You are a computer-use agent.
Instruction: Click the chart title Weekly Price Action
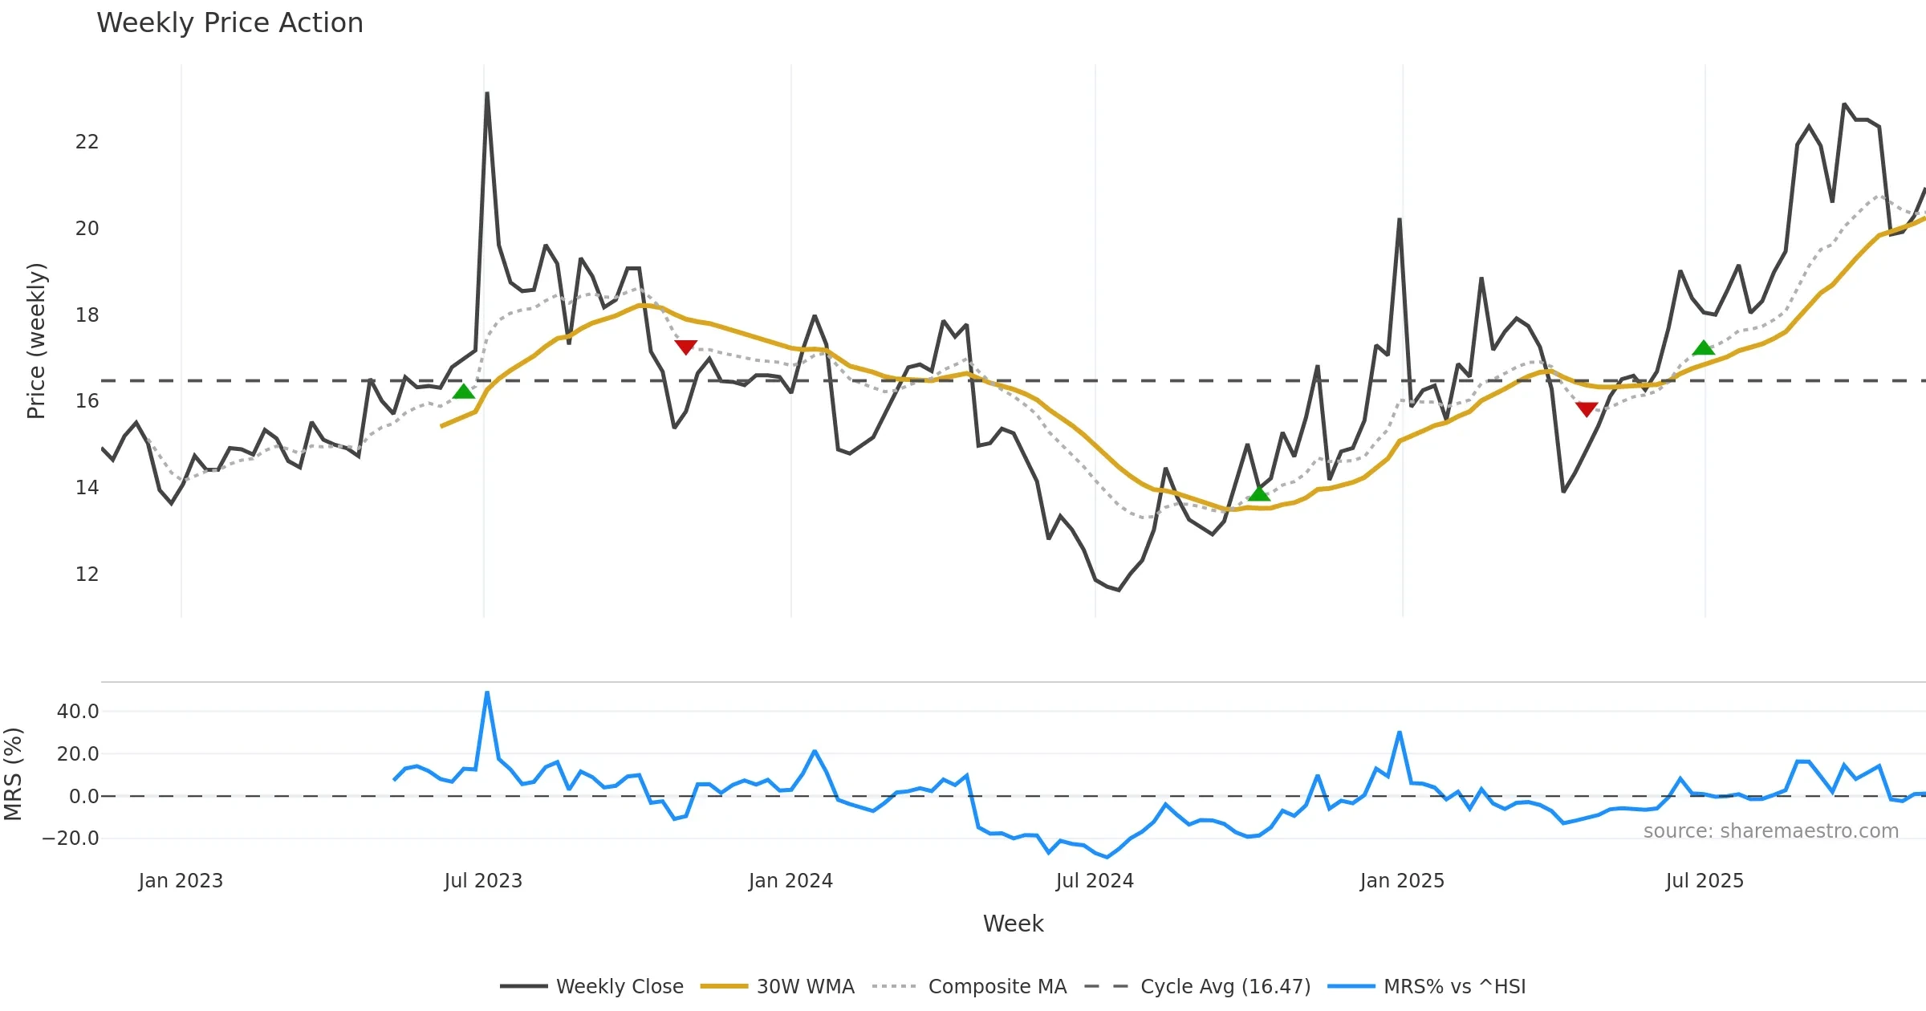(x=230, y=23)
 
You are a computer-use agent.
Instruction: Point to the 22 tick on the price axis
(x=87, y=142)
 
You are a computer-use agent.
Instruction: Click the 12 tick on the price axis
(x=87, y=575)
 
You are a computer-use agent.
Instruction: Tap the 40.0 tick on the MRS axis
(x=78, y=712)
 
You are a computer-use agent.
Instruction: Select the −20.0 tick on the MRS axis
(x=71, y=838)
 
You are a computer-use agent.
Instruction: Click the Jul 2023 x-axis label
(x=483, y=881)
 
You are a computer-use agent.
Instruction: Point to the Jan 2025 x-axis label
(x=1402, y=881)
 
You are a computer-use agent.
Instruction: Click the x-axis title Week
(x=1013, y=924)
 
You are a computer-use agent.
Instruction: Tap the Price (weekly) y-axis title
(x=37, y=341)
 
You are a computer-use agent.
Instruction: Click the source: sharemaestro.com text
(x=1770, y=831)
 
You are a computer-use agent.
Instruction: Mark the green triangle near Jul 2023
(x=464, y=392)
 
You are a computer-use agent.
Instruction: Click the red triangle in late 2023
(x=685, y=347)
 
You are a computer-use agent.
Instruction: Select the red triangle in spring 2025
(x=1587, y=409)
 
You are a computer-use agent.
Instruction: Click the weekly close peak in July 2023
(x=487, y=93)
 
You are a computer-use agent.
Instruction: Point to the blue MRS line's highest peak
(x=487, y=692)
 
